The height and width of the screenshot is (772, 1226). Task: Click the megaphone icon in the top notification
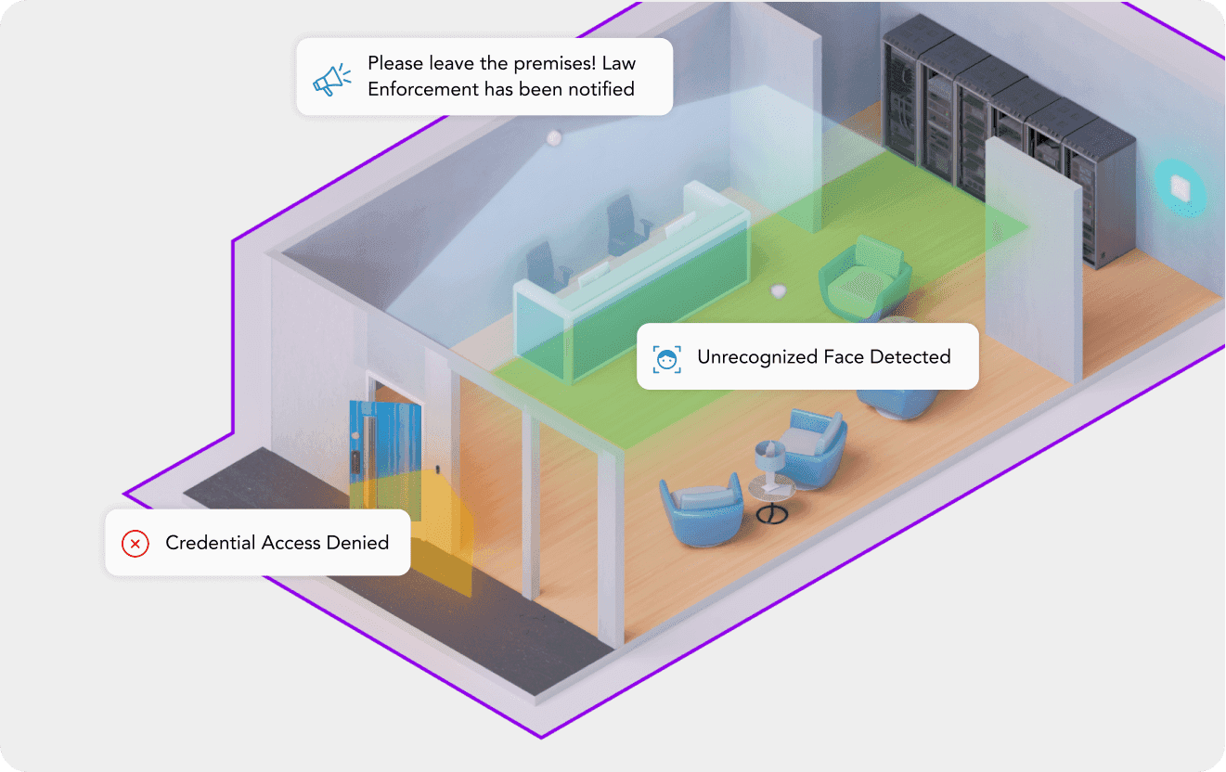pos(331,80)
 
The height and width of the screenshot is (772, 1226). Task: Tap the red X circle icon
pos(136,544)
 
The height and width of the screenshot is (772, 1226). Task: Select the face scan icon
pos(666,359)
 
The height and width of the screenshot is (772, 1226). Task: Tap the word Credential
pos(211,543)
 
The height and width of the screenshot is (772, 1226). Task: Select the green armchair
pos(864,277)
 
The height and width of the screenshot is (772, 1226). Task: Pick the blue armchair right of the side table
pos(813,446)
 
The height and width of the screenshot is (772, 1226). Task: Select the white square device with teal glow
pos(1181,188)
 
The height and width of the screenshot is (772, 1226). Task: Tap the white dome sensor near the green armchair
pos(779,290)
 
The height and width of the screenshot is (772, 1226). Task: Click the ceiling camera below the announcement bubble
pos(554,137)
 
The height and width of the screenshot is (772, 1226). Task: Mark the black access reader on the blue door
pos(355,461)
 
